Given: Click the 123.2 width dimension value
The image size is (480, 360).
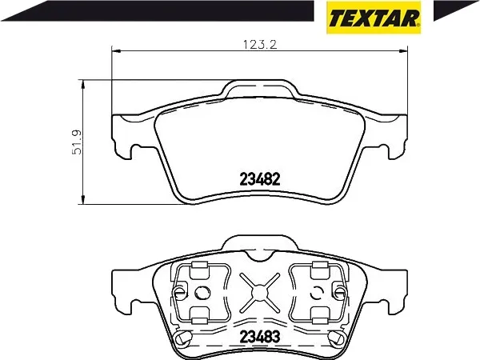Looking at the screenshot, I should [x=257, y=46].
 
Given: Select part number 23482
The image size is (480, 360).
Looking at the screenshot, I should [x=258, y=180].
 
